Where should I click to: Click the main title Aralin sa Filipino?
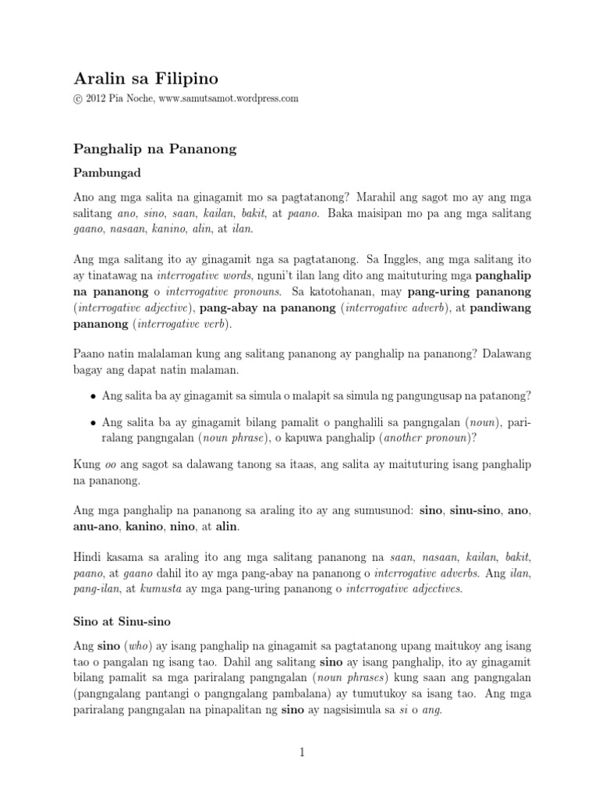(146, 78)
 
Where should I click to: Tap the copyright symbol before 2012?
(78, 99)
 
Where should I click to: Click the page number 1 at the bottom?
(300, 753)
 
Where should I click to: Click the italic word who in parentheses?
(142, 647)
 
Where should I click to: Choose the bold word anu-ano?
(96, 528)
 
